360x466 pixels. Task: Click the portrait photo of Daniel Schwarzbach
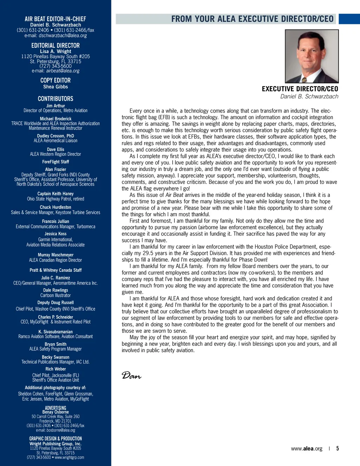point(311,56)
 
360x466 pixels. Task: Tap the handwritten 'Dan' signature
point(131,376)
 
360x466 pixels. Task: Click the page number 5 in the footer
point(337,448)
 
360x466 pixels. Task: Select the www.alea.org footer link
point(307,448)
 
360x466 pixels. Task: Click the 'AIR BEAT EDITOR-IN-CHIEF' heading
point(56,19)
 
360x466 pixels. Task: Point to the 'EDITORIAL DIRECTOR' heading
point(56,45)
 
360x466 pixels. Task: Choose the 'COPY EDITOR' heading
point(56,80)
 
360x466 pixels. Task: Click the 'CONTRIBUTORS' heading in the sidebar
point(56,99)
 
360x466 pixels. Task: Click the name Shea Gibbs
point(56,87)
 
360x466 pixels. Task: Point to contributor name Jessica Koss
point(56,234)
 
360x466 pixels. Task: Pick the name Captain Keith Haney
point(56,194)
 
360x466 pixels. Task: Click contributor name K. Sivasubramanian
point(56,332)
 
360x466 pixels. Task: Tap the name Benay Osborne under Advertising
point(56,412)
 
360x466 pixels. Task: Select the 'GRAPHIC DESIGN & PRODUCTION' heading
point(56,439)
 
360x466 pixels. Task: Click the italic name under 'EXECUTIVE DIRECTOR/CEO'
point(309,96)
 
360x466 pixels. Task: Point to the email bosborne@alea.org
point(61,430)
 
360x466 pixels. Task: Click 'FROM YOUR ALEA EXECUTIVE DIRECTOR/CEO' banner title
point(252,19)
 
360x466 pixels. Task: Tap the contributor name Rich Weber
point(56,369)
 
